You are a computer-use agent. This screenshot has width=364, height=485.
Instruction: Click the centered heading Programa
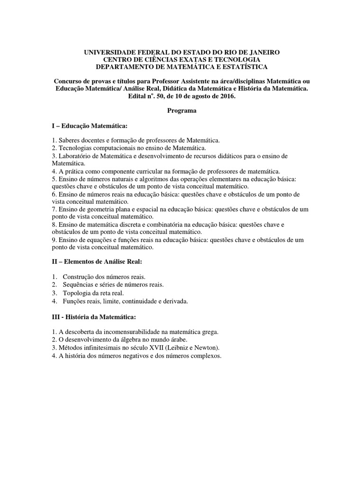[x=182, y=111]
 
